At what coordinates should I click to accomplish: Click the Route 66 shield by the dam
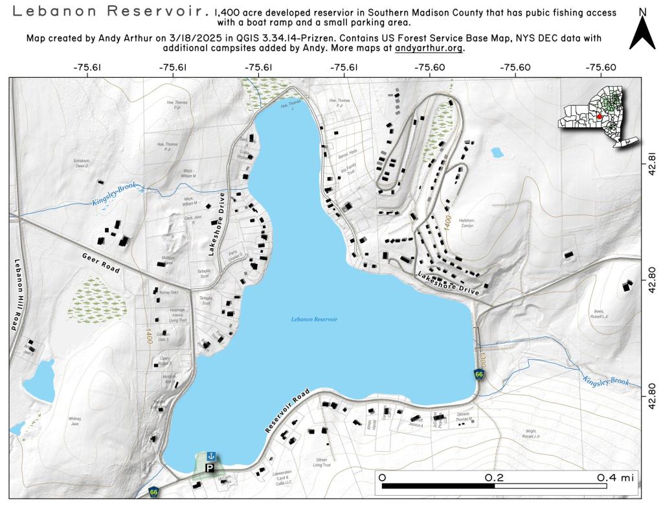click(x=478, y=375)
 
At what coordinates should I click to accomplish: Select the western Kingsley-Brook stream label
click(x=116, y=197)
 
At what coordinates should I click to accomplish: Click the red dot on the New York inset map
click(x=600, y=117)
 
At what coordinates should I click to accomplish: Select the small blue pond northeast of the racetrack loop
click(x=497, y=153)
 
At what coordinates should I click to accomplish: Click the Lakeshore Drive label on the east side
click(x=449, y=284)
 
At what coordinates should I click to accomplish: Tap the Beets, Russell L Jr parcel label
click(x=600, y=314)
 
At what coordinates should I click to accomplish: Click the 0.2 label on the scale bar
click(x=494, y=477)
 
